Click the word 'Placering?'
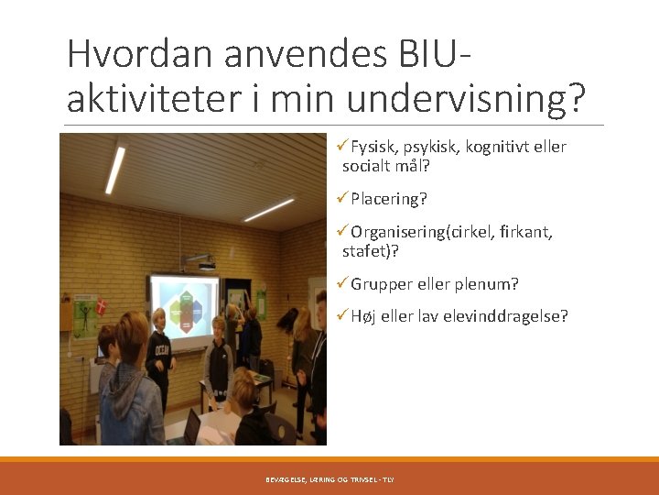(389, 199)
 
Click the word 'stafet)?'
(371, 251)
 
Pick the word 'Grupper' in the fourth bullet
(382, 284)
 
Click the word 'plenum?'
(490, 284)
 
